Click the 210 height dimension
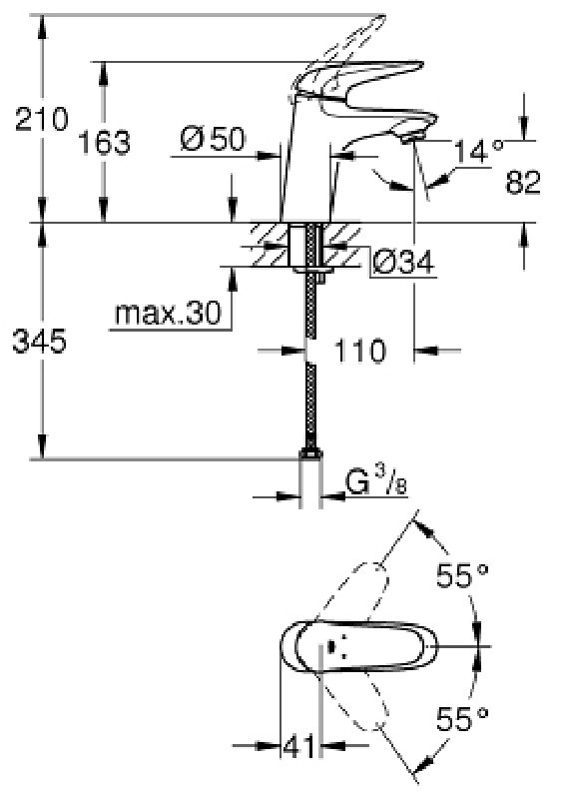click(41, 120)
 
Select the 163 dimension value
click(104, 143)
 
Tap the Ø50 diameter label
click(213, 139)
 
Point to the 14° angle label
click(478, 151)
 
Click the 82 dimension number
click(523, 182)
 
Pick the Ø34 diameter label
click(403, 263)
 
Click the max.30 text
click(168, 313)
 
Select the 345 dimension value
click(39, 342)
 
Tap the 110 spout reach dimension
click(359, 351)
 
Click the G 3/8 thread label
click(376, 482)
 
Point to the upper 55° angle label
click(462, 575)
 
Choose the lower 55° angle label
click(462, 719)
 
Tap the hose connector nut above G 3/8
click(310, 453)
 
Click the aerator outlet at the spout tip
click(414, 138)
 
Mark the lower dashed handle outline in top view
click(354, 701)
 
